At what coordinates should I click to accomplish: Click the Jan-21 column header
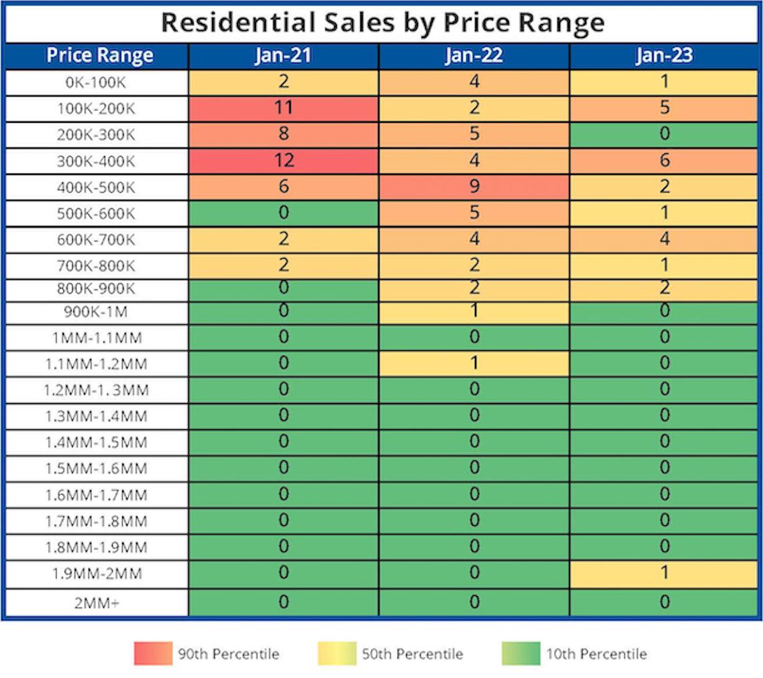tap(283, 56)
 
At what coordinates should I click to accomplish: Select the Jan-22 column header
tap(474, 56)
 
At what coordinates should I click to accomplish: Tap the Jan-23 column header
tap(664, 56)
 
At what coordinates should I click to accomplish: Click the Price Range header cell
tap(99, 56)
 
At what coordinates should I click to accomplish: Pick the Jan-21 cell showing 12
tap(283, 161)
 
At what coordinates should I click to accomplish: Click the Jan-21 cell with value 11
tap(283, 109)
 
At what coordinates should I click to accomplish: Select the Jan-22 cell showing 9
tap(474, 187)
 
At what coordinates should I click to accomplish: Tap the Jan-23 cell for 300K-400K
tap(664, 161)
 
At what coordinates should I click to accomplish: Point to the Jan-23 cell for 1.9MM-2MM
tap(664, 573)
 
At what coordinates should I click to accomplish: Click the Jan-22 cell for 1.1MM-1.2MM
tap(474, 364)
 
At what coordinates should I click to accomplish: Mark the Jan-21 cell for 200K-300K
tap(283, 135)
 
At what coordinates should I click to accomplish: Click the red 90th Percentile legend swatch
tap(152, 653)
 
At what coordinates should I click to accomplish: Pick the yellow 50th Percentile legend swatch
tap(337, 653)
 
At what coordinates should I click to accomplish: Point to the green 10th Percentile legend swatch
tap(521, 653)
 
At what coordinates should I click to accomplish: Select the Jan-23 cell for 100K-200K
tap(664, 109)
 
